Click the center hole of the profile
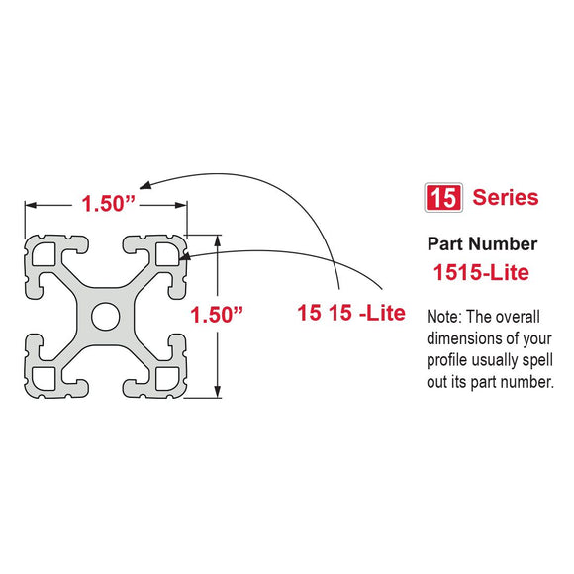pos(105,316)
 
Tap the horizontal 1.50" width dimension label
pos(107,204)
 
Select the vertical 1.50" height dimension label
pos(217,315)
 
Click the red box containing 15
pos(442,197)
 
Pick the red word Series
pos(505,197)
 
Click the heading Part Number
pos(482,243)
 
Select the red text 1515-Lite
pos(480,269)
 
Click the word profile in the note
pos(447,360)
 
